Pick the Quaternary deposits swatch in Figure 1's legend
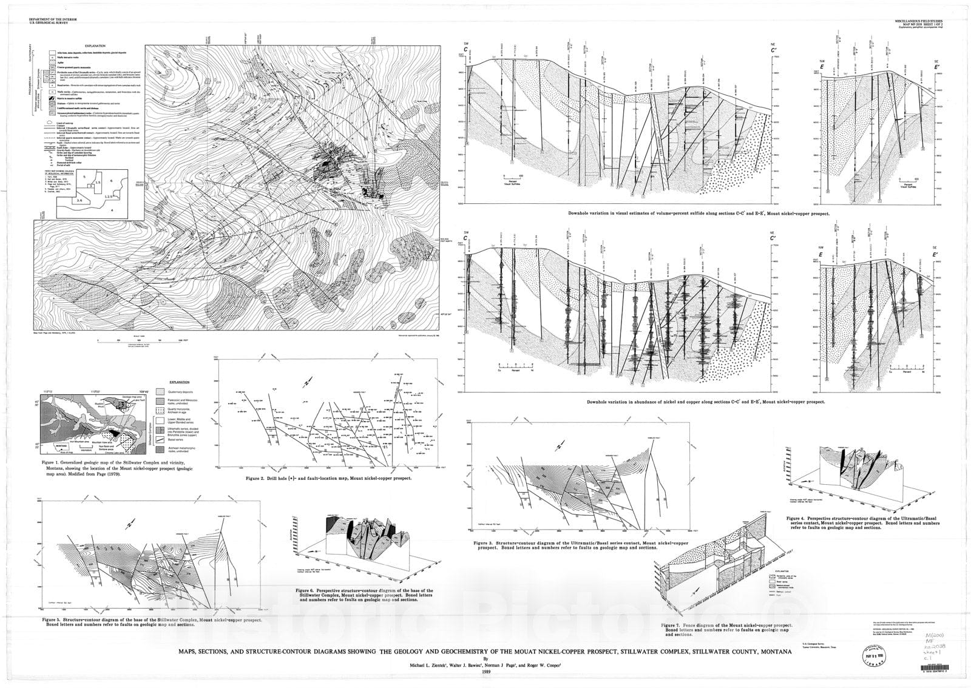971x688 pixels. point(161,392)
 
